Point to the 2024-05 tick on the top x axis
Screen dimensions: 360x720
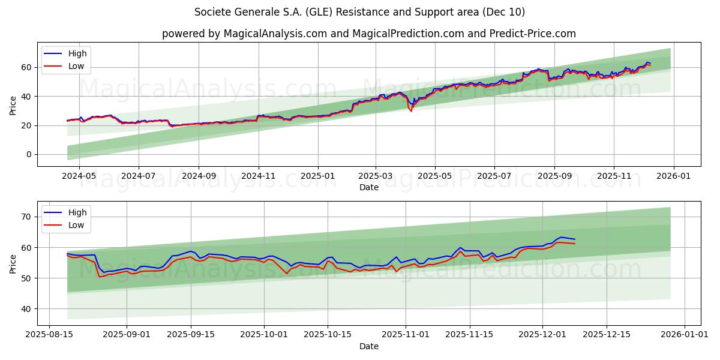tap(79, 177)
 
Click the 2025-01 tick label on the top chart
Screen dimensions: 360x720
tap(317, 177)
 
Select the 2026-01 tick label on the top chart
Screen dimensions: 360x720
tap(673, 177)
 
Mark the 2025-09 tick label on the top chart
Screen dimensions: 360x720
tap(554, 177)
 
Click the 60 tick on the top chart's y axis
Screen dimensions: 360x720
tap(26, 67)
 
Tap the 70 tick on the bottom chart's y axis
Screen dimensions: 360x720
tap(26, 217)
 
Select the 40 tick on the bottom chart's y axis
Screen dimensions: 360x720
tap(26, 309)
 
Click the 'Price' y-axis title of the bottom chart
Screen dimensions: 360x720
tap(13, 263)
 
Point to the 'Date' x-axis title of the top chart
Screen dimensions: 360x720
tap(368, 187)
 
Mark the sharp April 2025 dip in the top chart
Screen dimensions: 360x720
tap(411, 110)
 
